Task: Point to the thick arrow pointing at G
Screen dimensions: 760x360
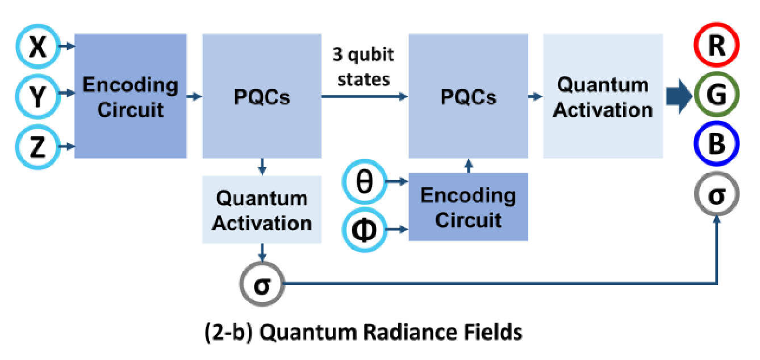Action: [x=679, y=97]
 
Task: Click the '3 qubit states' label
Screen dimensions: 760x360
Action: [x=364, y=67]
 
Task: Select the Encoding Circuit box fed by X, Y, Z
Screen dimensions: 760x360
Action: [x=131, y=96]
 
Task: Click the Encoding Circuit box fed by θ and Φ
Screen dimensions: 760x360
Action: [x=468, y=207]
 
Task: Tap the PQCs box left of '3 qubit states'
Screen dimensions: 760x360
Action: [x=262, y=96]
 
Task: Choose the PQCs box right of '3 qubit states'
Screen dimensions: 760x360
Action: [x=468, y=96]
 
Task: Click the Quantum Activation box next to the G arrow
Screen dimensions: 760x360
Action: [x=603, y=96]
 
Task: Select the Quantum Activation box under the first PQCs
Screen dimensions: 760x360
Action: [x=262, y=210]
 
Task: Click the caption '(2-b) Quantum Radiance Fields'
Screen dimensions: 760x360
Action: [x=364, y=332]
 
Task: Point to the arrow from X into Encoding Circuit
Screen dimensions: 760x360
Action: [x=67, y=46]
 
